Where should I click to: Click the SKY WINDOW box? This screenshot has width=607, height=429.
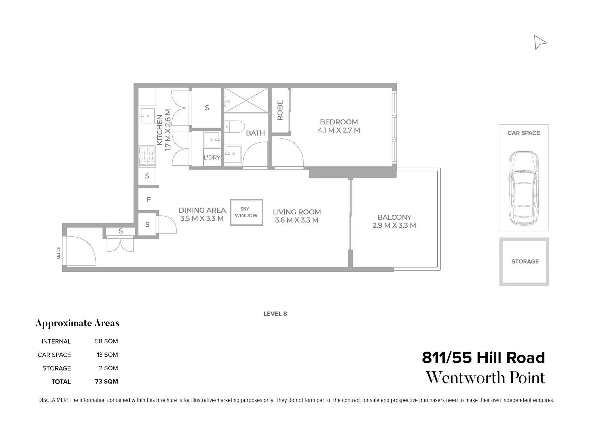pyautogui.click(x=246, y=212)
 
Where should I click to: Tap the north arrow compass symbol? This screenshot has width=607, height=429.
pyautogui.click(x=540, y=42)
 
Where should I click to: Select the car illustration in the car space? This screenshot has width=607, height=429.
pyautogui.click(x=523, y=188)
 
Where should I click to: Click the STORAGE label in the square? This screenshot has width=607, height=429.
pyautogui.click(x=525, y=261)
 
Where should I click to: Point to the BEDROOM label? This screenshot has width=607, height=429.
pyautogui.click(x=339, y=122)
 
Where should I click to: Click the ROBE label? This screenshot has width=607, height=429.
pyautogui.click(x=280, y=110)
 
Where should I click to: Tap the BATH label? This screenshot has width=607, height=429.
pyautogui.click(x=255, y=133)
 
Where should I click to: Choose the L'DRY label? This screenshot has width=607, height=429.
pyautogui.click(x=212, y=158)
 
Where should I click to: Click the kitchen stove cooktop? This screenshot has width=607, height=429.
pyautogui.click(x=147, y=155)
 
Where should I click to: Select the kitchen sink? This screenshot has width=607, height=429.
pyautogui.click(x=147, y=116)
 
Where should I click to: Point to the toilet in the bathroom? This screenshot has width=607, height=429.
pyautogui.click(x=234, y=127)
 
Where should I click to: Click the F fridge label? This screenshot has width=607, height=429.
pyautogui.click(x=149, y=200)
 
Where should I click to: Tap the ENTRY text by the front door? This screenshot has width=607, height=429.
pyautogui.click(x=58, y=253)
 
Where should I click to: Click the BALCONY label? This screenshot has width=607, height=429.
pyautogui.click(x=394, y=217)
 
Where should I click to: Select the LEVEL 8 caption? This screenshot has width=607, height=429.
pyautogui.click(x=275, y=314)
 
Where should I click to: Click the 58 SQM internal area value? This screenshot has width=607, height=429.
pyautogui.click(x=106, y=341)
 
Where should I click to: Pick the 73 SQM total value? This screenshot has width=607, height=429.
pyautogui.click(x=106, y=381)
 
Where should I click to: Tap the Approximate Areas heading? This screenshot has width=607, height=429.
pyautogui.click(x=77, y=323)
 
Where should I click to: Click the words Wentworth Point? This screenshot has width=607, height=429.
pyautogui.click(x=485, y=378)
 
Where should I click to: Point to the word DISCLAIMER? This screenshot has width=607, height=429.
pyautogui.click(x=53, y=400)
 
